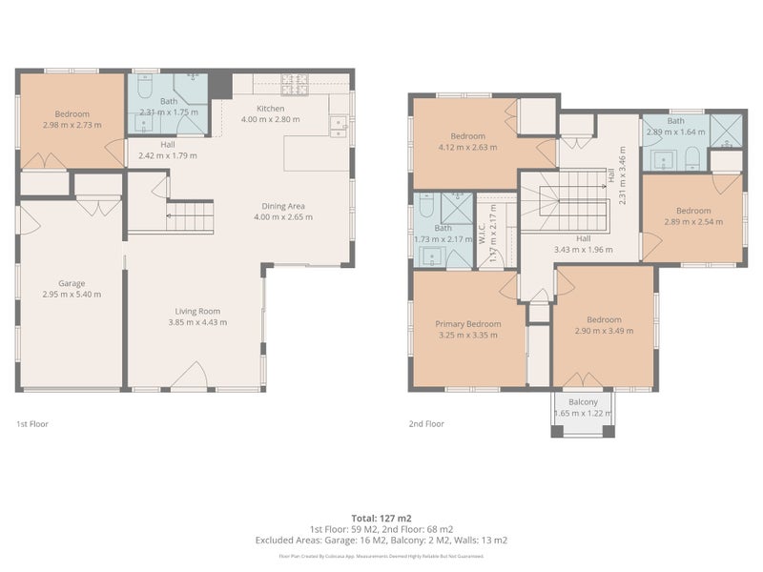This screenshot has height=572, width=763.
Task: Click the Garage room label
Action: coord(72,283)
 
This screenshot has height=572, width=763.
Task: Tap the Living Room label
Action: coord(197,311)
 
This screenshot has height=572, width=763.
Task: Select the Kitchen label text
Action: coord(270,108)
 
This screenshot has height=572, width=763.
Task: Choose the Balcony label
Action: coord(583,402)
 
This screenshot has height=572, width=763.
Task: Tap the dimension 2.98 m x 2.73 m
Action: coord(72,125)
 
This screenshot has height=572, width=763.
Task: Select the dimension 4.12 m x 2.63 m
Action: coord(467,147)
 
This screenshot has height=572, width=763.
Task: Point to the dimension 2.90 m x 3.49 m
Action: coord(604,331)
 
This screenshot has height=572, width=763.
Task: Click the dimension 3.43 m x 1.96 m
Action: coord(582,251)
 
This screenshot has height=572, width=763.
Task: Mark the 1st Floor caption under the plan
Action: coord(33,423)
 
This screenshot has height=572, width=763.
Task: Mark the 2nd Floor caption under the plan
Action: coord(427,423)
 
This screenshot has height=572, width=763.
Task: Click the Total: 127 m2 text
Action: coord(381,519)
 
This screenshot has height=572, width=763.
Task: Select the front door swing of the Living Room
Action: coord(196,376)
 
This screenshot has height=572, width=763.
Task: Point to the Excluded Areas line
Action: coord(381,540)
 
